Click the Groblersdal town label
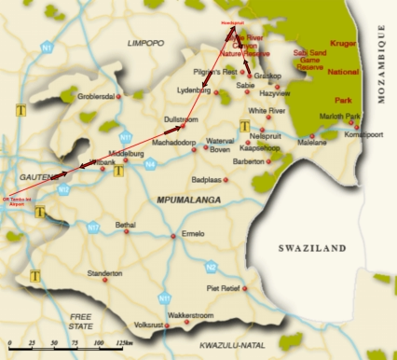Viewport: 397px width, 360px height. [x=96, y=96]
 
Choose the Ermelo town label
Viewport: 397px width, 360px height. [x=193, y=232]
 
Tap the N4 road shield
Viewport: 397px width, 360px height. [x=150, y=165]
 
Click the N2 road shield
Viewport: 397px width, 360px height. [x=212, y=266]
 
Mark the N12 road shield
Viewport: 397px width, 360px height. [x=62, y=189]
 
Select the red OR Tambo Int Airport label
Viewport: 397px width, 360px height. [x=17, y=202]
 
